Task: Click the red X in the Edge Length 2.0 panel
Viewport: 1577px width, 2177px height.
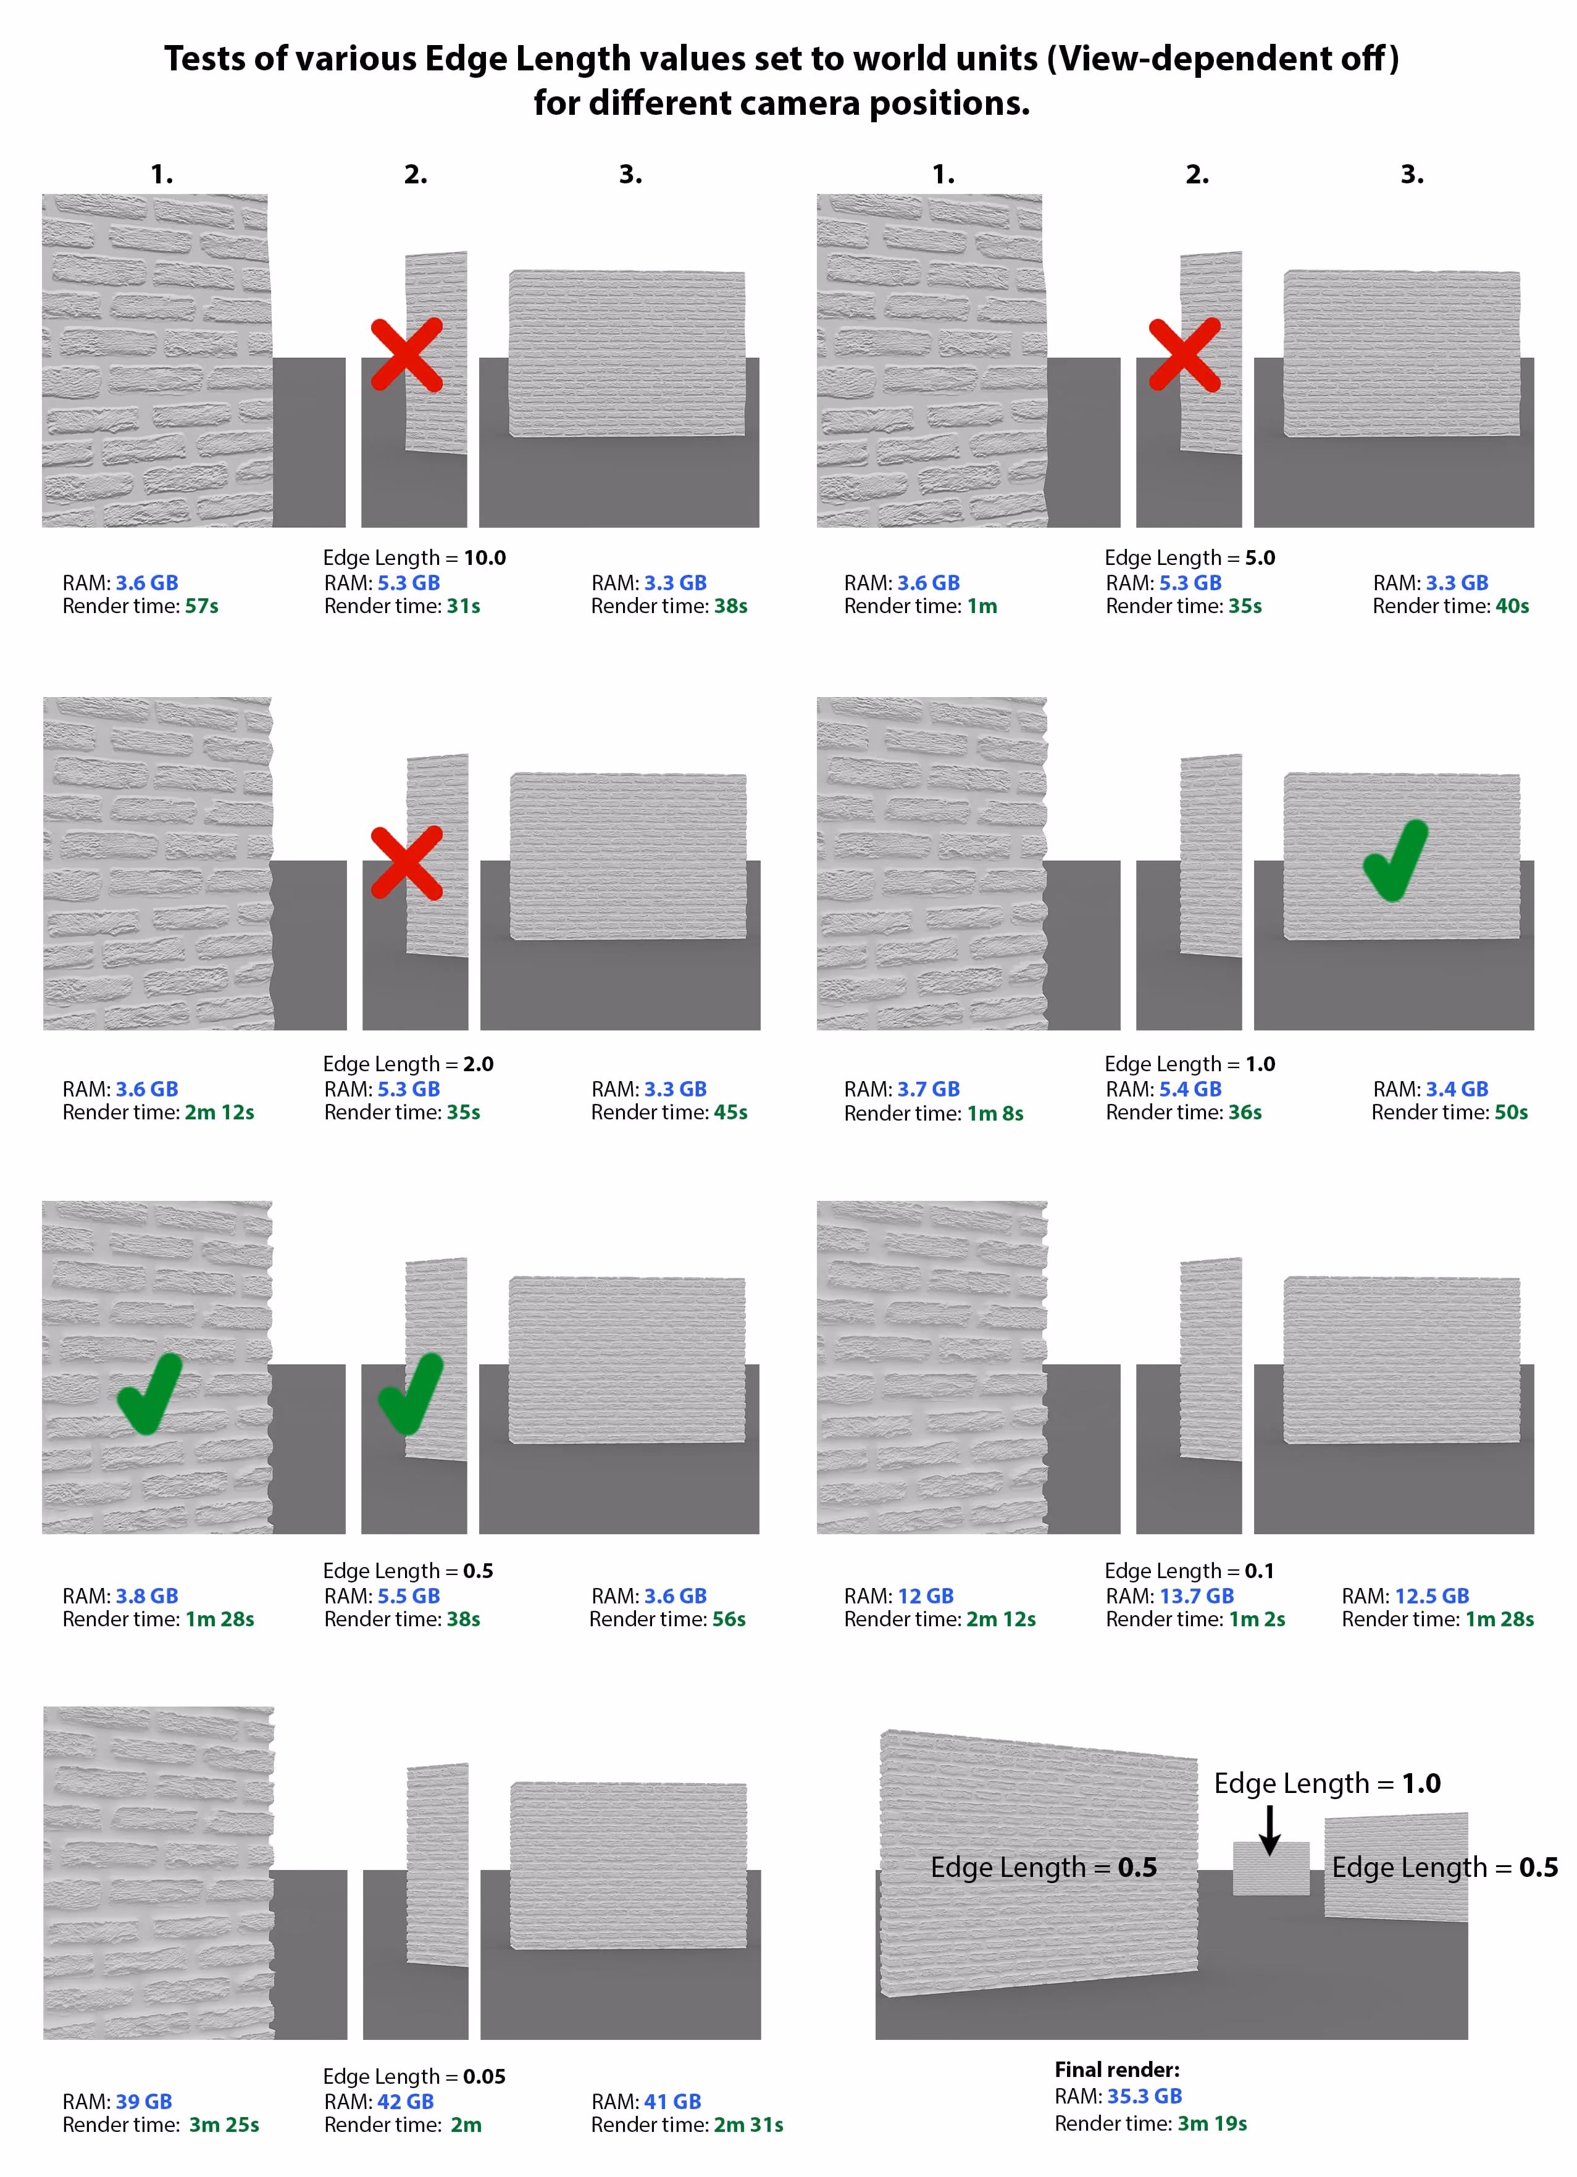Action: pos(407,862)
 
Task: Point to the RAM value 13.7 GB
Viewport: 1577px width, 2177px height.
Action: pos(1196,1595)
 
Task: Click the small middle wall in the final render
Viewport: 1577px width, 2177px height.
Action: pos(1270,1868)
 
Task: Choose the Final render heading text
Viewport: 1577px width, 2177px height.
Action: pos(1117,2070)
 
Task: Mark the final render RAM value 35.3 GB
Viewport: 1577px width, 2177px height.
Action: pos(1144,2096)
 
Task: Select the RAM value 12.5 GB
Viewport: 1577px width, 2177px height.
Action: pos(1431,1595)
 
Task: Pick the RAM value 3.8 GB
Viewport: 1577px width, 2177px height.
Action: pos(147,1595)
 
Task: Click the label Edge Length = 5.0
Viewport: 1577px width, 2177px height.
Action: pos(1190,558)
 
